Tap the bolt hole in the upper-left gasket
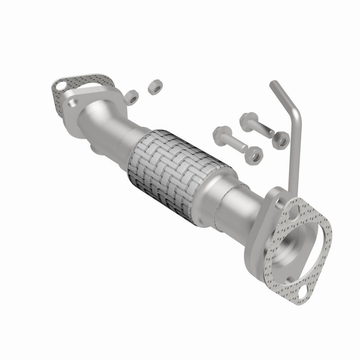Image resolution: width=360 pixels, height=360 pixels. point(59,84)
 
